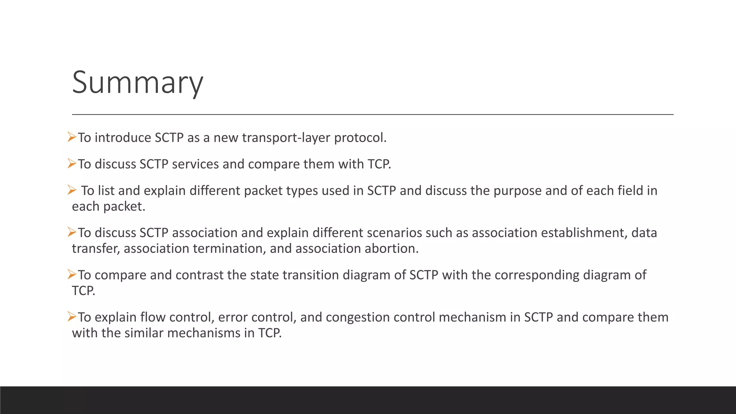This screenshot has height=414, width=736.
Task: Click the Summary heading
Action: tap(137, 83)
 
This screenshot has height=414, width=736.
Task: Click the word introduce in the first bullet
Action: tap(123, 138)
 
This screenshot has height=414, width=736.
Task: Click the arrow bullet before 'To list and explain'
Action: tap(72, 190)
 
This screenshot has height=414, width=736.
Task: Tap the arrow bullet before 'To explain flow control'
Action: tap(72, 317)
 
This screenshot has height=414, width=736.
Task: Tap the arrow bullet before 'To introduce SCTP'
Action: tap(72, 137)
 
